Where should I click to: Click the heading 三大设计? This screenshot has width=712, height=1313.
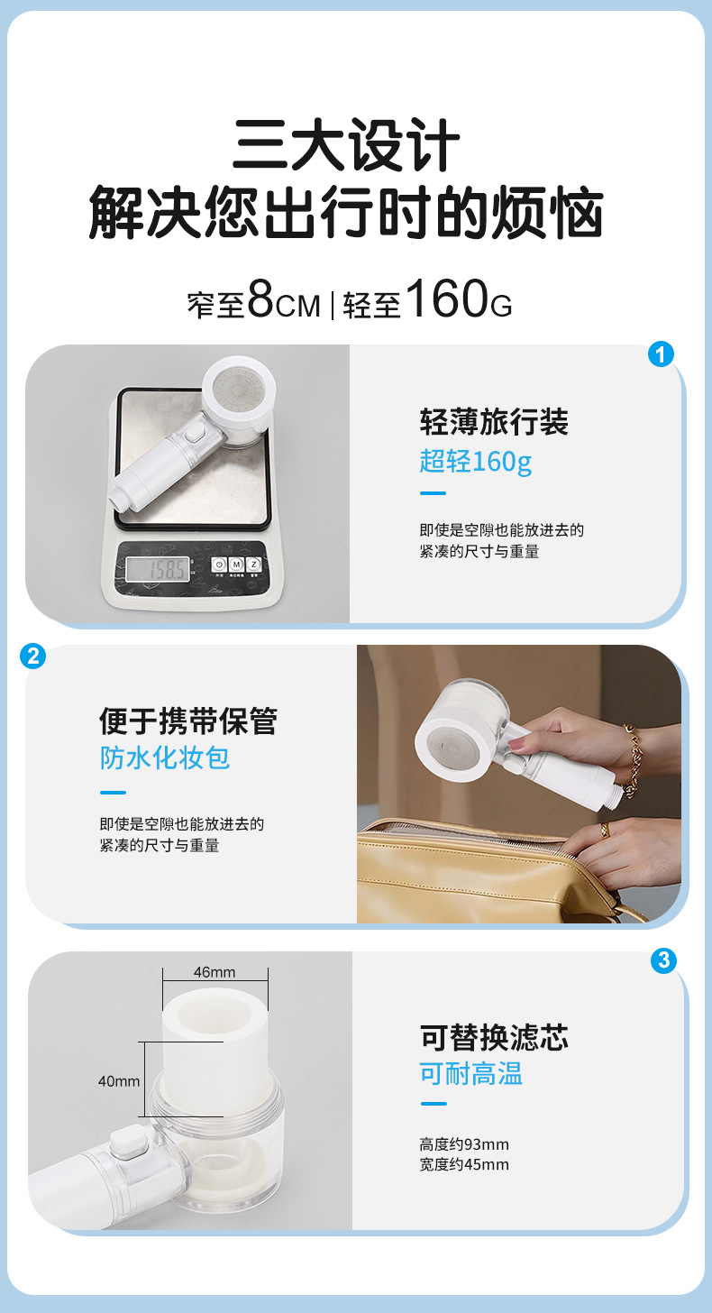click(x=346, y=146)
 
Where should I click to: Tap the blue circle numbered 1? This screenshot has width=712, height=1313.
click(x=662, y=354)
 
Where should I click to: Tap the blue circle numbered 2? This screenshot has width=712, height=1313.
click(x=32, y=656)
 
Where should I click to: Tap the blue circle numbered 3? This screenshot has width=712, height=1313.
click(x=662, y=960)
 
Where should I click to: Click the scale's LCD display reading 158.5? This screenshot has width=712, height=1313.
click(x=157, y=569)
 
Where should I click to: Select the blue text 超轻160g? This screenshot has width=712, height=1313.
click(x=475, y=462)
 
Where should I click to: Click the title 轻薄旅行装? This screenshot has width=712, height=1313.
click(x=494, y=422)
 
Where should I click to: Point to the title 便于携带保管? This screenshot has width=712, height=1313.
click(x=188, y=721)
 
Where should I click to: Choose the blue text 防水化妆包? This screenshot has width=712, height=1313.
click(x=165, y=757)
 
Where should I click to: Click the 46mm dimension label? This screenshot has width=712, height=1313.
click(x=215, y=972)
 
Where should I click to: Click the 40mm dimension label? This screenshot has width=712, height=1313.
click(x=119, y=1080)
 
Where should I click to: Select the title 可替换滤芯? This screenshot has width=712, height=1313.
click(x=494, y=1037)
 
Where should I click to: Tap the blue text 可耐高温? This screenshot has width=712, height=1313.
click(x=470, y=1074)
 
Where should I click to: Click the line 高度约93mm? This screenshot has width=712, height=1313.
click(x=464, y=1144)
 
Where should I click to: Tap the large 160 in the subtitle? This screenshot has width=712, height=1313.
click(x=446, y=300)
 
